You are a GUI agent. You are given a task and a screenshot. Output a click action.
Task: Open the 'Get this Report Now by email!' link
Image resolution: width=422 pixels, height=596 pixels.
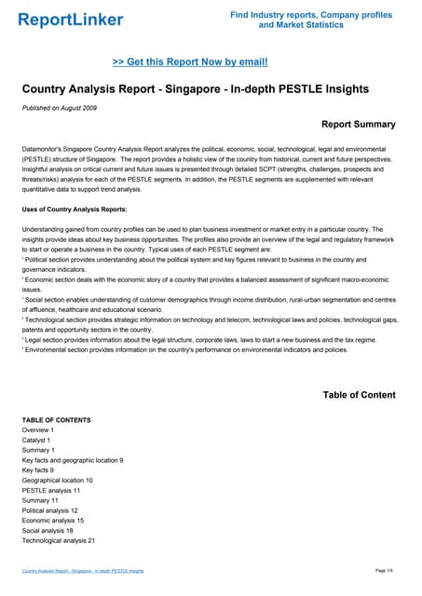pos(190,62)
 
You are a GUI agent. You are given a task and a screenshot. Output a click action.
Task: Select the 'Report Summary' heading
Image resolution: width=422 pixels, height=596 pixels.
pos(358,124)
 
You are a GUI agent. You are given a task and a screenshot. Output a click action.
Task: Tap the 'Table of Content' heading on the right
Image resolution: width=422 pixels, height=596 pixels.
pos(359,395)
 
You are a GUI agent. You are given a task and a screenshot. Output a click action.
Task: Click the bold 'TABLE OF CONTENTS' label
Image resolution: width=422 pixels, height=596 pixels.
pos(57,420)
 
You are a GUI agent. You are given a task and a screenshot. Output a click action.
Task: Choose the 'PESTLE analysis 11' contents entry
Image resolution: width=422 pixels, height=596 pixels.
pos(51,490)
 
